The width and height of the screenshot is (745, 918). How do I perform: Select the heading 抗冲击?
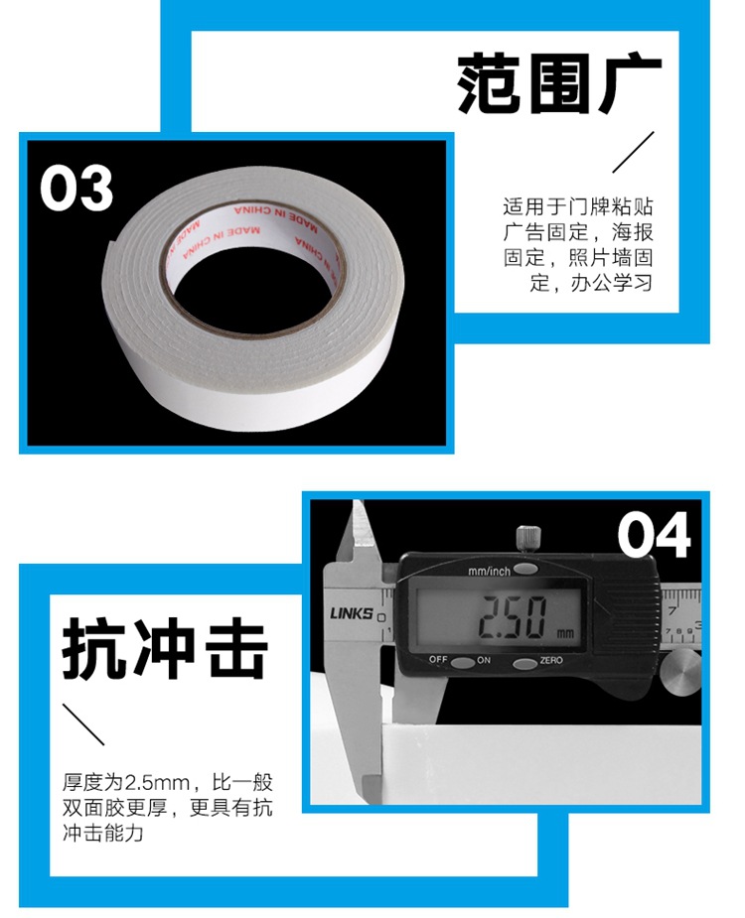165,651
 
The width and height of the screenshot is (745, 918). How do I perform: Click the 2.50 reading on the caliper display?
512,616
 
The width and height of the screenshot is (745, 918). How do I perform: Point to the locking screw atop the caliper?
526,539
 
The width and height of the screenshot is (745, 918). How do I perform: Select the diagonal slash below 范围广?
633,152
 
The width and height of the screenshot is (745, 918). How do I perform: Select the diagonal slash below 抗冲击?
83,724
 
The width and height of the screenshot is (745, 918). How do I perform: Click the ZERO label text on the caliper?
551,661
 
